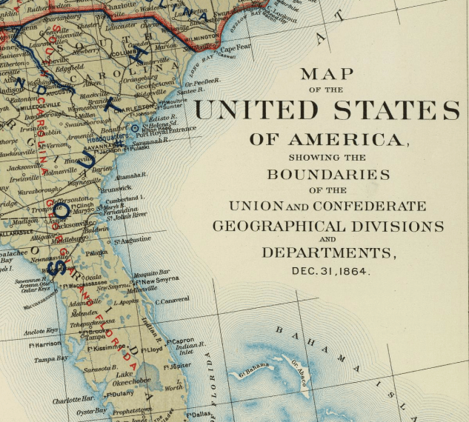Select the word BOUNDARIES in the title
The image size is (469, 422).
pyautogui.click(x=328, y=175)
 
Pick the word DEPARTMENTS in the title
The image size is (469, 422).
pyautogui.click(x=329, y=252)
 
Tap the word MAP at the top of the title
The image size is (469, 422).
pyautogui.click(x=322, y=74)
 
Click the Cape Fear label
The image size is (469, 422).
pyautogui.click(x=236, y=49)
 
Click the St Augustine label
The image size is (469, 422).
pyautogui.click(x=132, y=240)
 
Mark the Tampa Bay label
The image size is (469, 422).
pyautogui.click(x=51, y=358)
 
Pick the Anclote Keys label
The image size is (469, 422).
pyautogui.click(x=41, y=330)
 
